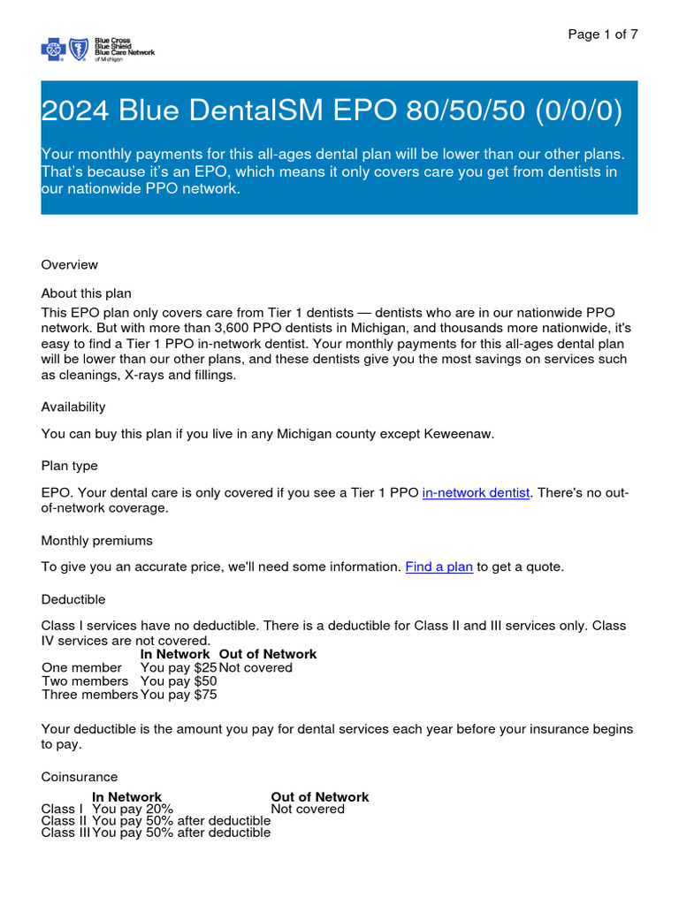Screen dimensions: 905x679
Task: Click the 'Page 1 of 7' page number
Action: pos(603,34)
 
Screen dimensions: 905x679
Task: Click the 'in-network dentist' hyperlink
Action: pos(477,493)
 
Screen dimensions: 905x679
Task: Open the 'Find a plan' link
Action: pos(439,567)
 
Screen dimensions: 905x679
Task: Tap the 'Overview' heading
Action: pos(70,264)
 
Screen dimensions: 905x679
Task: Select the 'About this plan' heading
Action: pos(86,293)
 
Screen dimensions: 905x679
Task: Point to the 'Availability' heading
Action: pos(73,407)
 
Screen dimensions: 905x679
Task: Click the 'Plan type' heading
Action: pos(70,465)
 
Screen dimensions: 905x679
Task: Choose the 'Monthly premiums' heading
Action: pos(96,540)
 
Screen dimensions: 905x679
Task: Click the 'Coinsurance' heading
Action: pos(80,777)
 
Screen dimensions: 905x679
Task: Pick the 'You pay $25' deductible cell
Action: pos(179,667)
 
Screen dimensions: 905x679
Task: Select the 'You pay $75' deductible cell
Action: pos(179,695)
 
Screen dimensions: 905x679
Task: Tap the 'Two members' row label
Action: pos(85,681)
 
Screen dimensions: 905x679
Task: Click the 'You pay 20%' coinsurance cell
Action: pos(133,809)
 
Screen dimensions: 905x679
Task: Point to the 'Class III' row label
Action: pos(65,833)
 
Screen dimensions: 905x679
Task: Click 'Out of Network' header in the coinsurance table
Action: pos(320,797)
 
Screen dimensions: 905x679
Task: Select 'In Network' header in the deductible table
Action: pos(175,654)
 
